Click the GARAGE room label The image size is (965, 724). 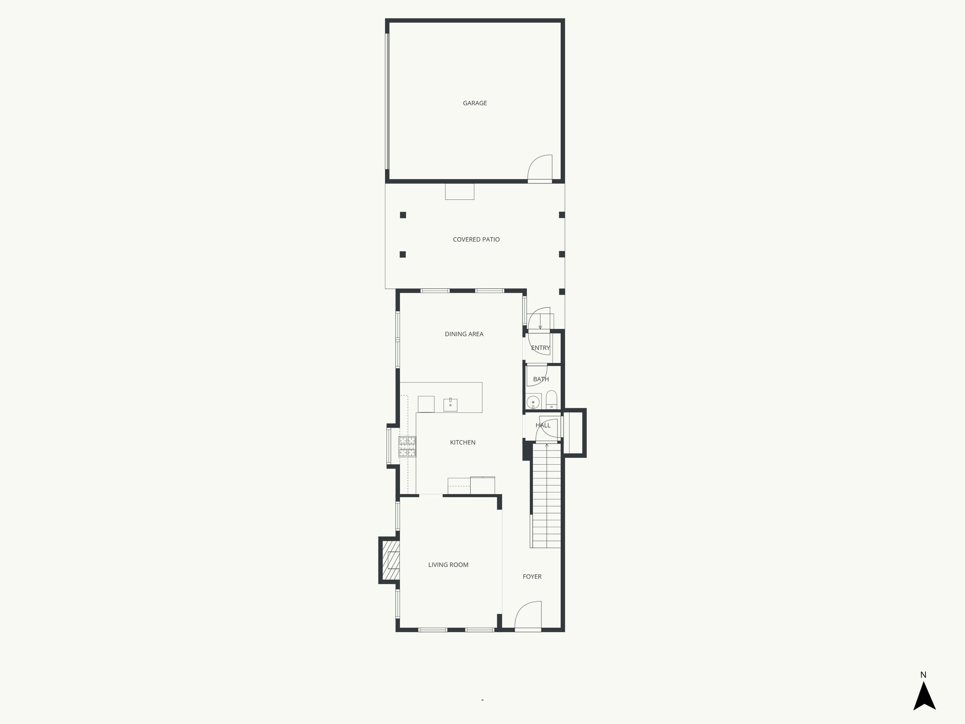pyautogui.click(x=474, y=103)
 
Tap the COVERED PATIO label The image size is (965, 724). pyautogui.click(x=476, y=239)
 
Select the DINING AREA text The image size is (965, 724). pyautogui.click(x=464, y=334)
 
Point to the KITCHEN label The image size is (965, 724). pyautogui.click(x=462, y=443)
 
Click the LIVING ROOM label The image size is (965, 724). pyautogui.click(x=448, y=565)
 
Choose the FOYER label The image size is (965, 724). pyautogui.click(x=532, y=576)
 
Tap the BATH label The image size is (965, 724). pyautogui.click(x=540, y=379)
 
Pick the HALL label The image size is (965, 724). pyautogui.click(x=543, y=425)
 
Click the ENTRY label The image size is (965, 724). pyautogui.click(x=540, y=348)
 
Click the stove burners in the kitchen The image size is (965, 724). pyautogui.click(x=408, y=447)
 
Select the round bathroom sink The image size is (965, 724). pyautogui.click(x=533, y=402)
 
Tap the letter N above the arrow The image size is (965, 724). pyautogui.click(x=923, y=675)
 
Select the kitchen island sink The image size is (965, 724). pyautogui.click(x=450, y=404)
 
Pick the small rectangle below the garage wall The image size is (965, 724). pyautogui.click(x=459, y=191)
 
